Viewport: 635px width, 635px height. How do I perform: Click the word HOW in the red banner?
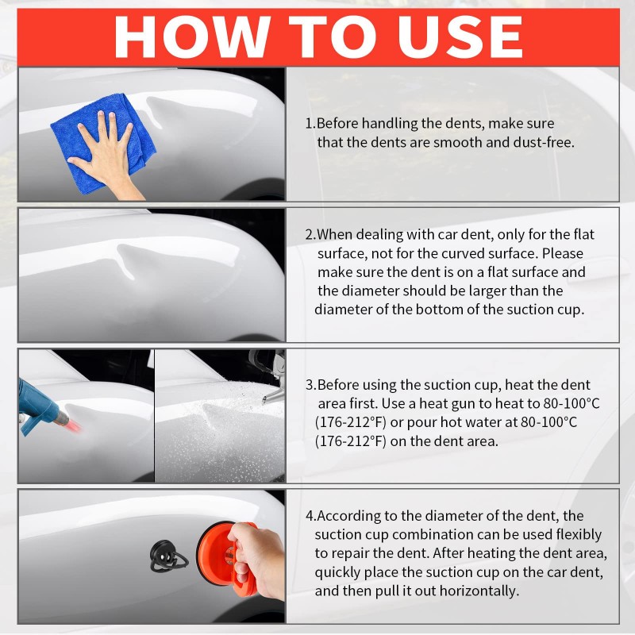pos(192,37)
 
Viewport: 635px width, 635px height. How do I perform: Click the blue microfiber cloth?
pos(103,143)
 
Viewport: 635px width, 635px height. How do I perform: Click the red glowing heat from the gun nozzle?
pos(73,425)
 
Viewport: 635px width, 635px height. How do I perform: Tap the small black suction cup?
pos(167,556)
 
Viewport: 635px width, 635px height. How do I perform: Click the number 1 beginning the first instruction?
pos(310,123)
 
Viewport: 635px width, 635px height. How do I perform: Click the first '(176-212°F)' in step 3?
pos(351,422)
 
